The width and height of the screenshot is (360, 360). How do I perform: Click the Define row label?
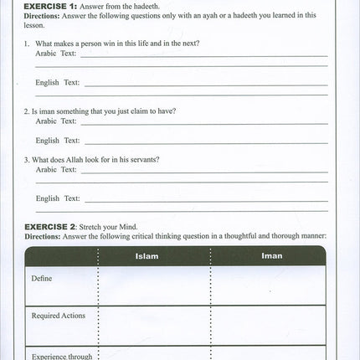pyautogui.click(x=43, y=277)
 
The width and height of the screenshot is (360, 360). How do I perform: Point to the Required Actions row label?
pyautogui.click(x=59, y=316)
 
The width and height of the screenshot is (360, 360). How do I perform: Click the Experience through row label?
pyautogui.click(x=62, y=356)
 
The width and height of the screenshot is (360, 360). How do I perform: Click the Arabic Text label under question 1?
pyautogui.click(x=55, y=53)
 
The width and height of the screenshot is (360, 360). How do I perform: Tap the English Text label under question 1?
pyautogui.click(x=58, y=82)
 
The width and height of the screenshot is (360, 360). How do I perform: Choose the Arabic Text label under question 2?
pyautogui.click(x=55, y=121)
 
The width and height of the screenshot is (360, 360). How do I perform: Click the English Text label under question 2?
pyautogui.click(x=58, y=141)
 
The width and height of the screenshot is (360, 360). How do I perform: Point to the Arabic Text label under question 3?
pyautogui.click(x=55, y=169)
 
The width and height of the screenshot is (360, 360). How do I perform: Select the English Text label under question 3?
pyautogui.click(x=58, y=198)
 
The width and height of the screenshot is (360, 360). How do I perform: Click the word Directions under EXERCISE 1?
pyautogui.click(x=43, y=15)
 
